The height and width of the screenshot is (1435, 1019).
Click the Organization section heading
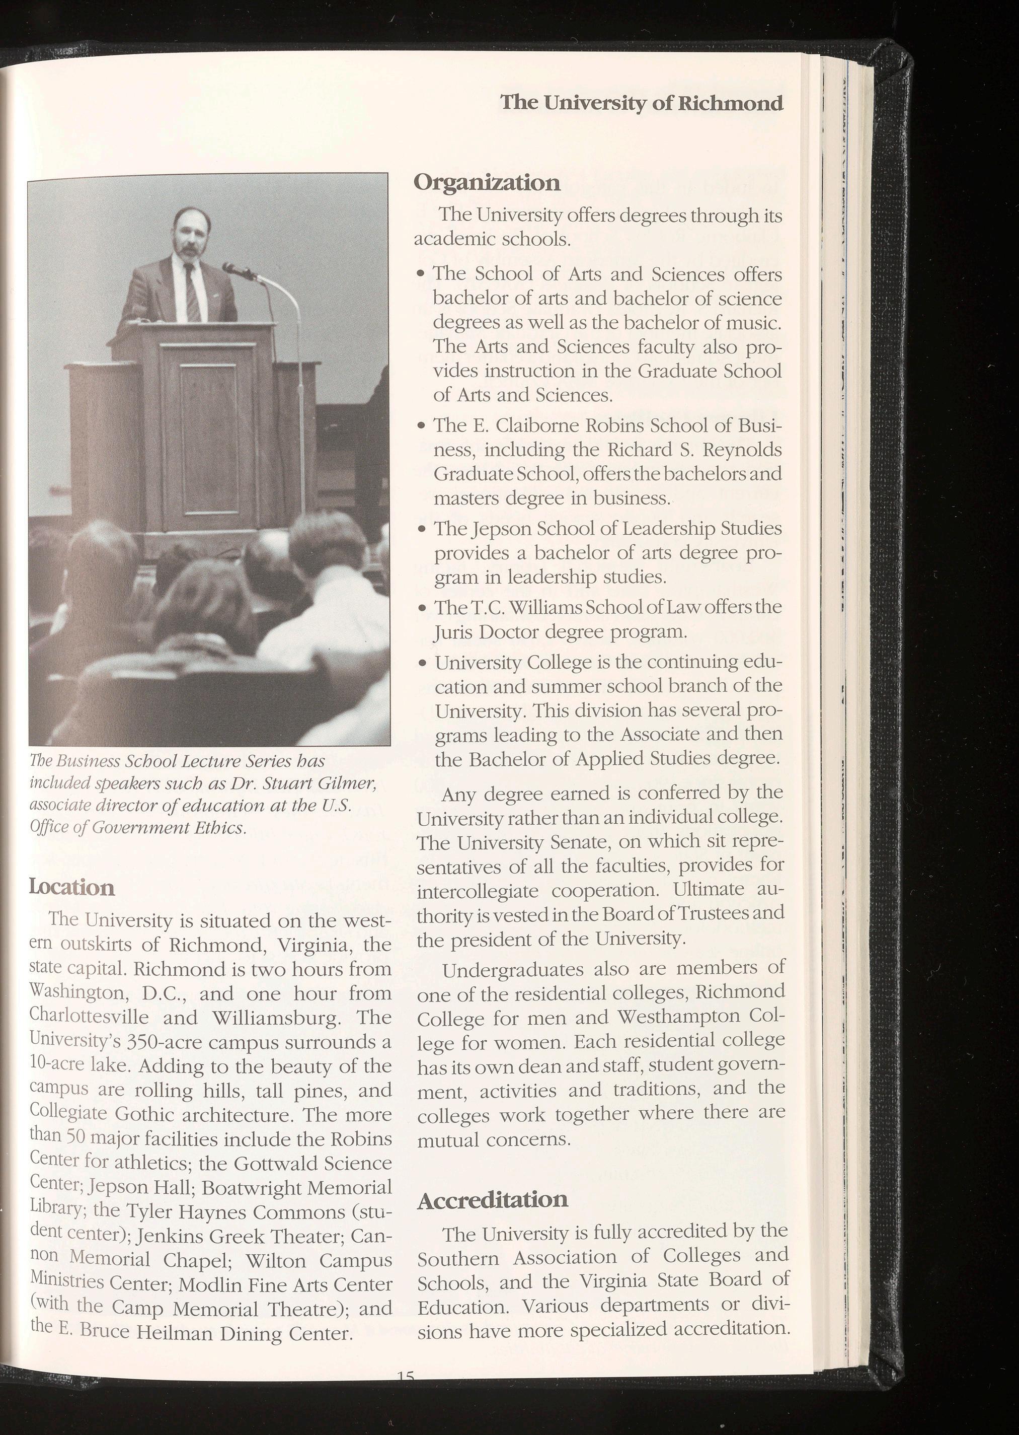click(x=486, y=183)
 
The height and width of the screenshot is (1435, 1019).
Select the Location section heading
click(x=71, y=887)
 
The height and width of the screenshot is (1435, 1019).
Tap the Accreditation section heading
click(x=493, y=1199)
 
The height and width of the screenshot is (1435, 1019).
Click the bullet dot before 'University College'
click(x=424, y=664)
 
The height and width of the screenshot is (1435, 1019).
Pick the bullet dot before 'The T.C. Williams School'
click(x=424, y=609)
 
